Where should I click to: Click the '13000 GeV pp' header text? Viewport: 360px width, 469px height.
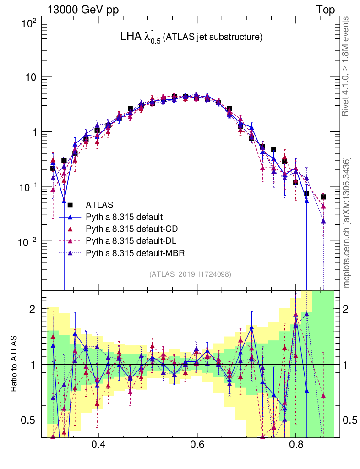[82, 10]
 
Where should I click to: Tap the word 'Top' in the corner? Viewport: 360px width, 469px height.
[325, 10]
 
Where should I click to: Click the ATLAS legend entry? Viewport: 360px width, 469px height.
[100, 205]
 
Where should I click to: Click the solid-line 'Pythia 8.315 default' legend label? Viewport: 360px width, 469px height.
[124, 217]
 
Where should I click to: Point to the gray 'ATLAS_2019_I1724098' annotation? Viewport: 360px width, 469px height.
[190, 274]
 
